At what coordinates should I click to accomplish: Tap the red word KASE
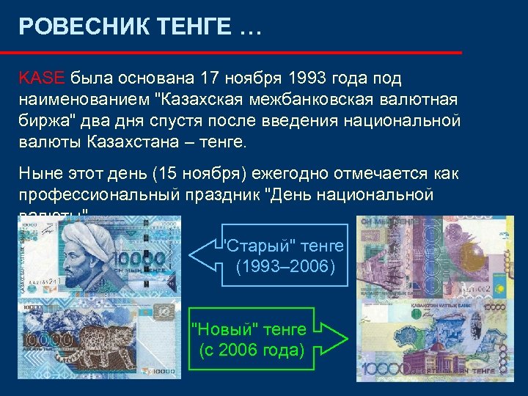pos(43,78)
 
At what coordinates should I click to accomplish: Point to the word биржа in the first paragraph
pos(42,119)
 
